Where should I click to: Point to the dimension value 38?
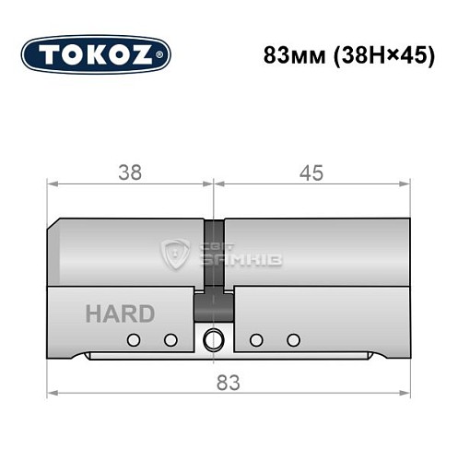point(130,171)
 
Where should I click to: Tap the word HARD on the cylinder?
point(120,313)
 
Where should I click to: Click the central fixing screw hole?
point(214,339)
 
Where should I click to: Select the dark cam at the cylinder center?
point(214,267)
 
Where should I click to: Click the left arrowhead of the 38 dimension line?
point(51,184)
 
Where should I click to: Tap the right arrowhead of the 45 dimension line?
point(406,184)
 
